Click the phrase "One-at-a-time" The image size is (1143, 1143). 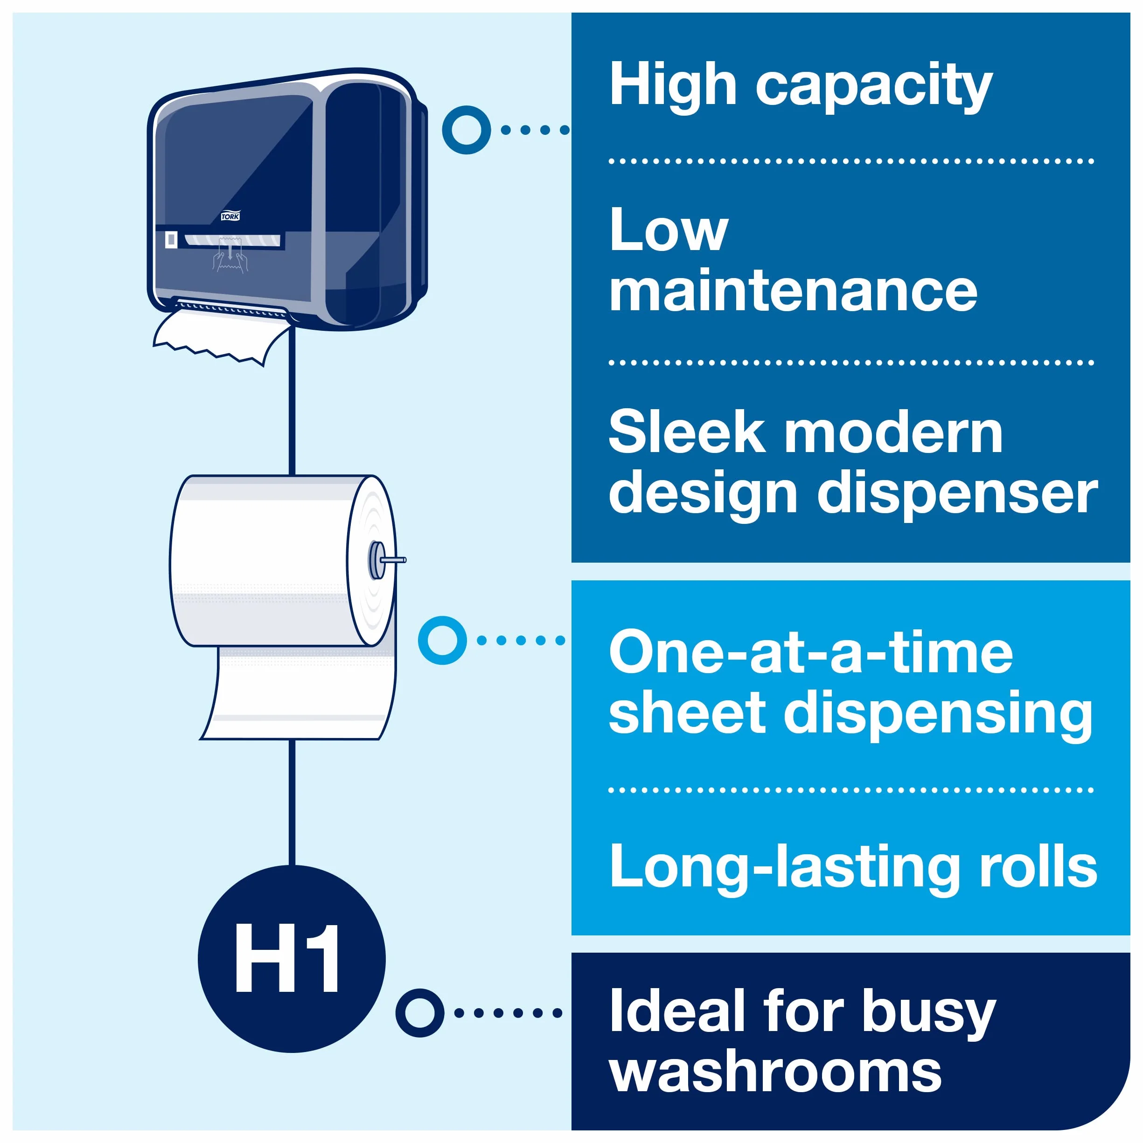point(810,653)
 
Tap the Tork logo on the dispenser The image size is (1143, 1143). point(230,216)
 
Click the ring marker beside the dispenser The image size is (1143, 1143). point(466,130)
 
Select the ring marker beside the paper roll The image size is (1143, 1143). point(442,640)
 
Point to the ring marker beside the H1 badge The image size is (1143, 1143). point(419,1013)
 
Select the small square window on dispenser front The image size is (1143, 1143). point(171,240)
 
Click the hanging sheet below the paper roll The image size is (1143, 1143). point(298,693)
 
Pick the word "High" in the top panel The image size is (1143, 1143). point(673,86)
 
